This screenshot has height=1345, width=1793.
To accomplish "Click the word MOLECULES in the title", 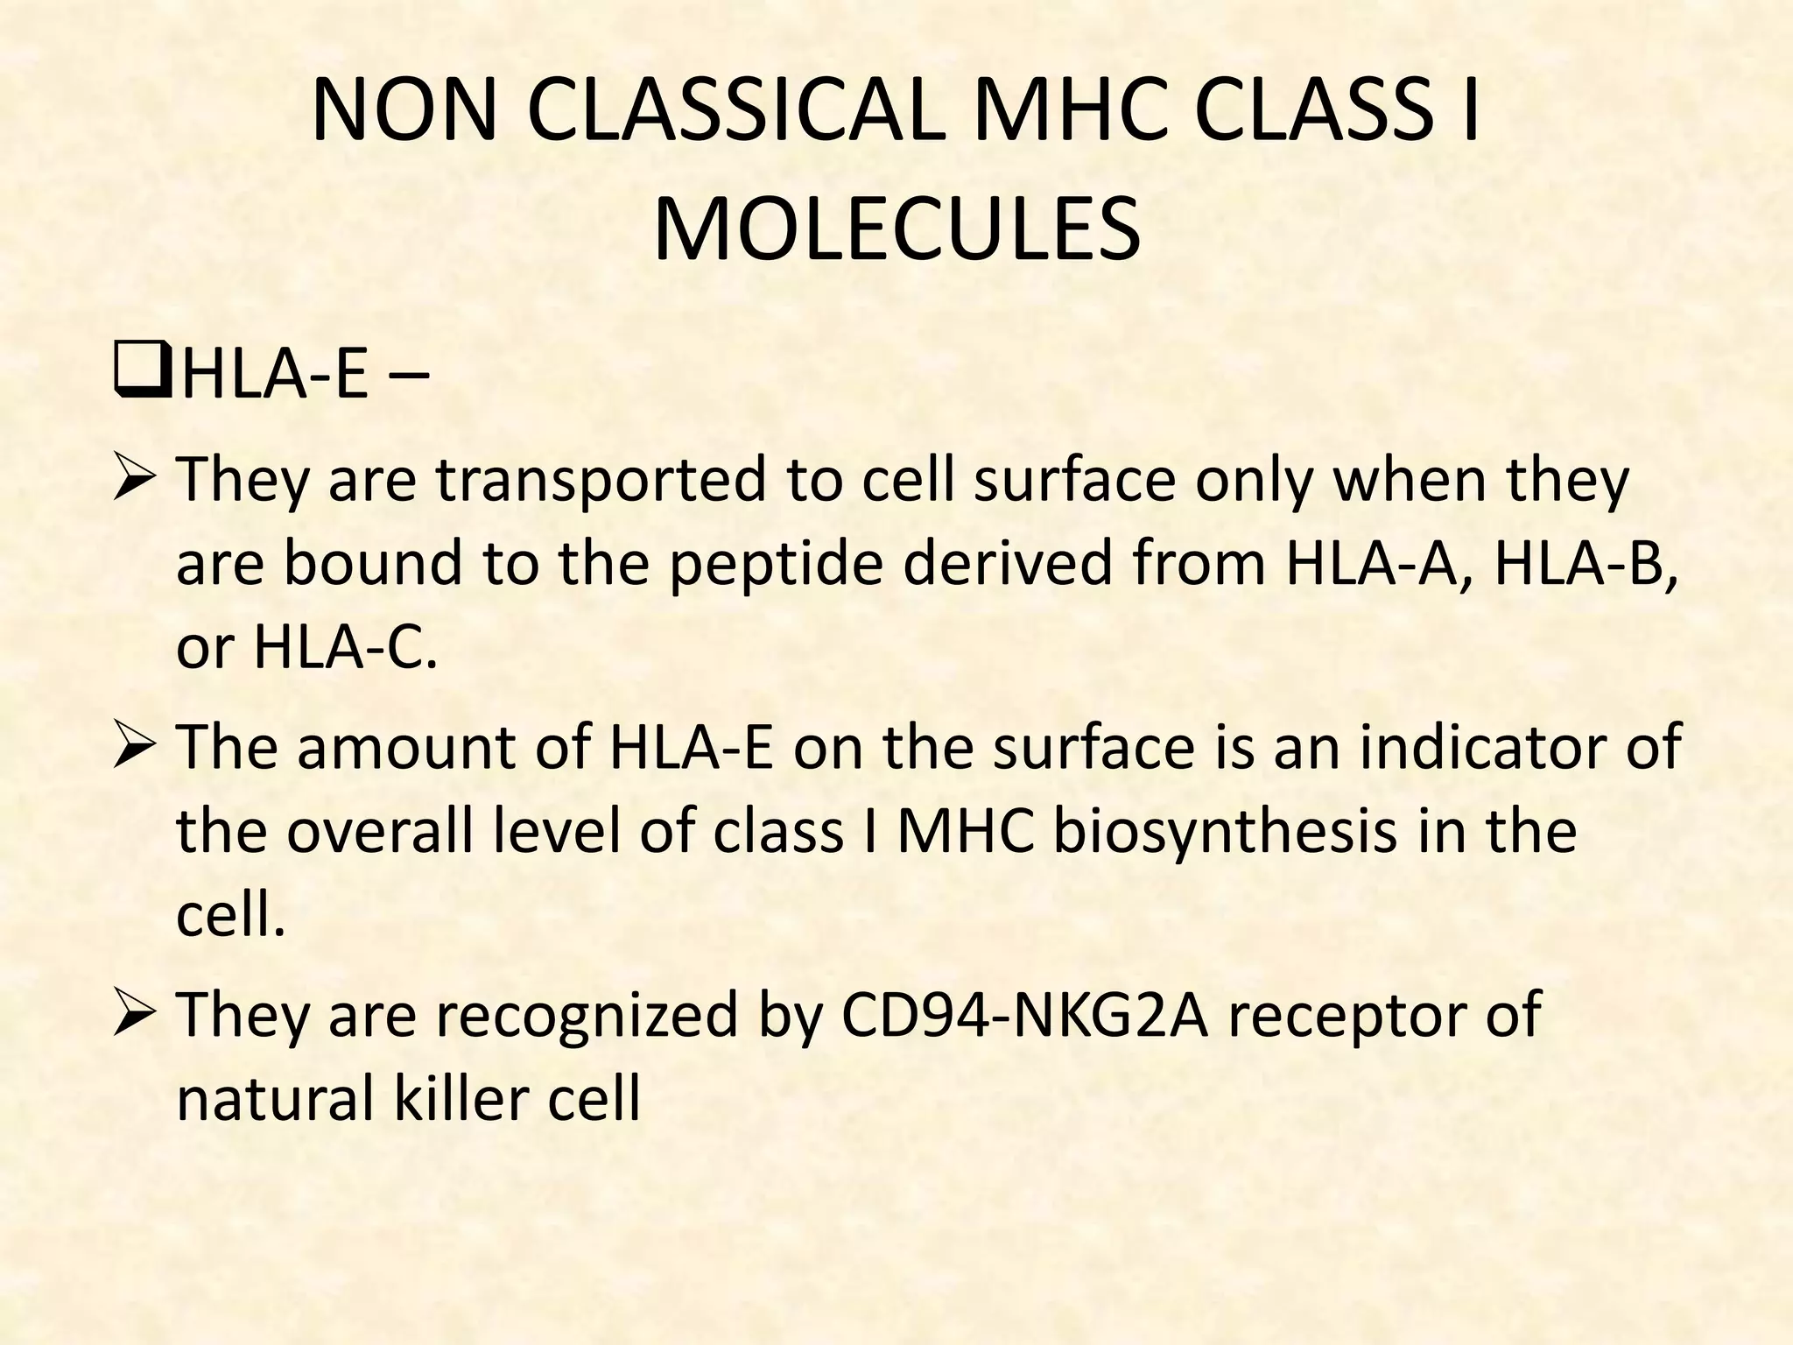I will (x=896, y=229).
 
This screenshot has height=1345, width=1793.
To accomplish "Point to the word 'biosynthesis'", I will (x=1225, y=832).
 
